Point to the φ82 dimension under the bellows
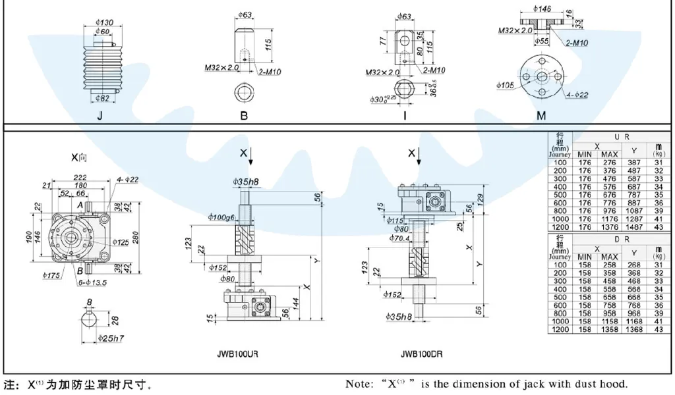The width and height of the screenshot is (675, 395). [102, 99]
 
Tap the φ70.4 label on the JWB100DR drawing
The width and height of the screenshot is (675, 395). [399, 238]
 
